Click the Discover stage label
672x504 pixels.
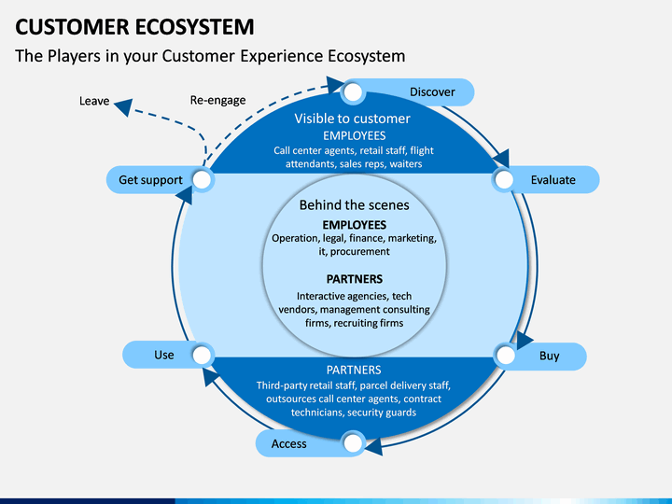point(432,92)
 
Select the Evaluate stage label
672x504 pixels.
point(553,180)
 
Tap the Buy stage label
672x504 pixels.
point(549,357)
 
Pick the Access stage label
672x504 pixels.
point(288,443)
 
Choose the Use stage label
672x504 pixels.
point(164,355)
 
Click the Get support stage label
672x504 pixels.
point(150,180)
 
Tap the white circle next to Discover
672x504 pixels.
point(353,92)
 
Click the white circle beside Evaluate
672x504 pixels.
point(504,180)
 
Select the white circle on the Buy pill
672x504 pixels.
point(506,356)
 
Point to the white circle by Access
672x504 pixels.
point(353,443)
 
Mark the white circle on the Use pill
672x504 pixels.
point(202,355)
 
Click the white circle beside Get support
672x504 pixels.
point(202,180)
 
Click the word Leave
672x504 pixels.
point(94,101)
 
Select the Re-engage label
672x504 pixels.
point(217,100)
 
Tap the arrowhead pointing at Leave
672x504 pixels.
point(123,107)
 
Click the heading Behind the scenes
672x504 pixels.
point(354,205)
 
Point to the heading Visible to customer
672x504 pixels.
point(352,119)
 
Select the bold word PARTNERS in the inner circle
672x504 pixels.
point(355,279)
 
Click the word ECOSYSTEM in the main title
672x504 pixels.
point(195,27)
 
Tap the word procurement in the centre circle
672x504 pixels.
point(360,252)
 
